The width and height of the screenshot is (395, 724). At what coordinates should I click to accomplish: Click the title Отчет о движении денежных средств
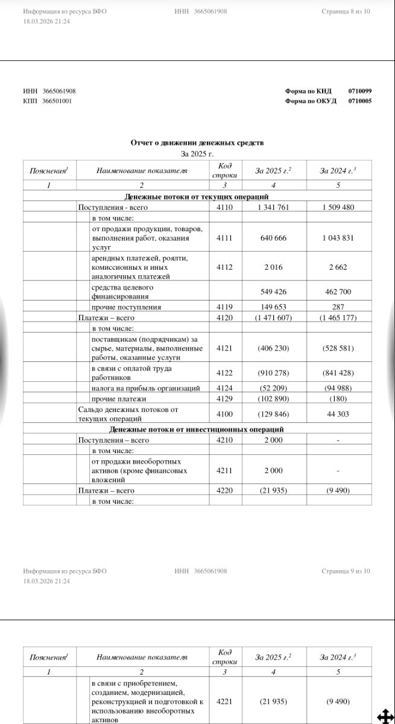click(x=197, y=142)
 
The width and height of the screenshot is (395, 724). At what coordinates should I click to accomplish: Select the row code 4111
click(x=224, y=238)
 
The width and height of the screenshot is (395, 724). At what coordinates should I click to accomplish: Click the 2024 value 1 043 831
click(x=338, y=238)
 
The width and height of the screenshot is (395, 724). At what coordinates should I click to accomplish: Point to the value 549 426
click(x=273, y=292)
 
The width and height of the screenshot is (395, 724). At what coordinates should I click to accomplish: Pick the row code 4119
click(x=224, y=307)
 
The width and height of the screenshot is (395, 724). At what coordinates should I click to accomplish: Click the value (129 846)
click(x=273, y=414)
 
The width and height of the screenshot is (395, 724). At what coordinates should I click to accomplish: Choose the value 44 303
click(x=338, y=414)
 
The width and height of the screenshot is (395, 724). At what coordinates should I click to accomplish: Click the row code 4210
click(x=224, y=440)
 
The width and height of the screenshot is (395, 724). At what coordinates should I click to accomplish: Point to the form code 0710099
click(x=360, y=91)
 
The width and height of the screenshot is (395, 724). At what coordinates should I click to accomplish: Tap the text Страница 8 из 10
click(x=346, y=11)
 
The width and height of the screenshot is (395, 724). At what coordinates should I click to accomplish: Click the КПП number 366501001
click(x=57, y=101)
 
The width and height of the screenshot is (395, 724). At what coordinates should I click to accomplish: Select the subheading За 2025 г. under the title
click(x=197, y=154)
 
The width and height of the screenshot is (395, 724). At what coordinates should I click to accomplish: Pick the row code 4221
click(x=224, y=702)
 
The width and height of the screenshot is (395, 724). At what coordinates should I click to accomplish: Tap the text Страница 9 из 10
click(x=346, y=571)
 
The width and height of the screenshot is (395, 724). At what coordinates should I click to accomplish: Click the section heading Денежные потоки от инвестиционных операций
click(x=197, y=430)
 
